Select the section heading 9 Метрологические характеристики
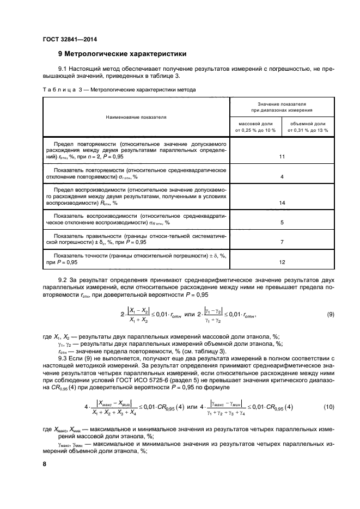click(x=122, y=54)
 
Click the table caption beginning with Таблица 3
click(x=118, y=89)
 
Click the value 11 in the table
click(x=282, y=157)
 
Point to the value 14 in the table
click(x=282, y=203)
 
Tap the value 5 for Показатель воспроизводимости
click(x=282, y=223)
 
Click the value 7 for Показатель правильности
click(x=282, y=241)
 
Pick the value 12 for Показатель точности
click(x=282, y=262)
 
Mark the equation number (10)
click(x=329, y=407)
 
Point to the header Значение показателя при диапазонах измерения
click(x=282, y=106)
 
